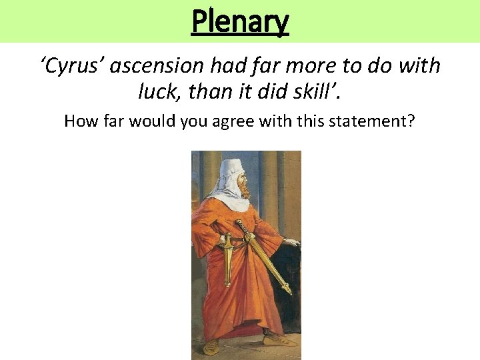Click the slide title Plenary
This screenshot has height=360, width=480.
coord(240,21)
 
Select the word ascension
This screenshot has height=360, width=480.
coord(157,65)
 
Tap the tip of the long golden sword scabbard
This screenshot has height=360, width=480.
coord(289,291)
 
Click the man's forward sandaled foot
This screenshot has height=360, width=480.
coord(280,340)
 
